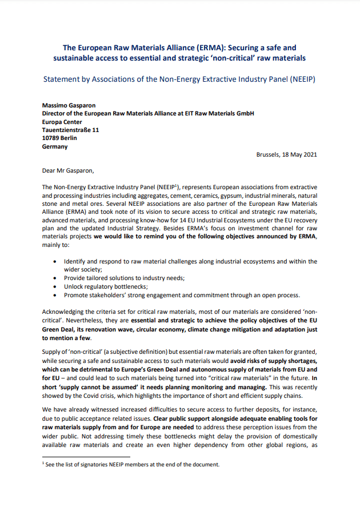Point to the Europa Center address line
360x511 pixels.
point(62,122)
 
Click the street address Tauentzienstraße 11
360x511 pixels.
point(70,130)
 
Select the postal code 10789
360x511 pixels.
point(52,138)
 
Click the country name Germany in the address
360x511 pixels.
point(55,146)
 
